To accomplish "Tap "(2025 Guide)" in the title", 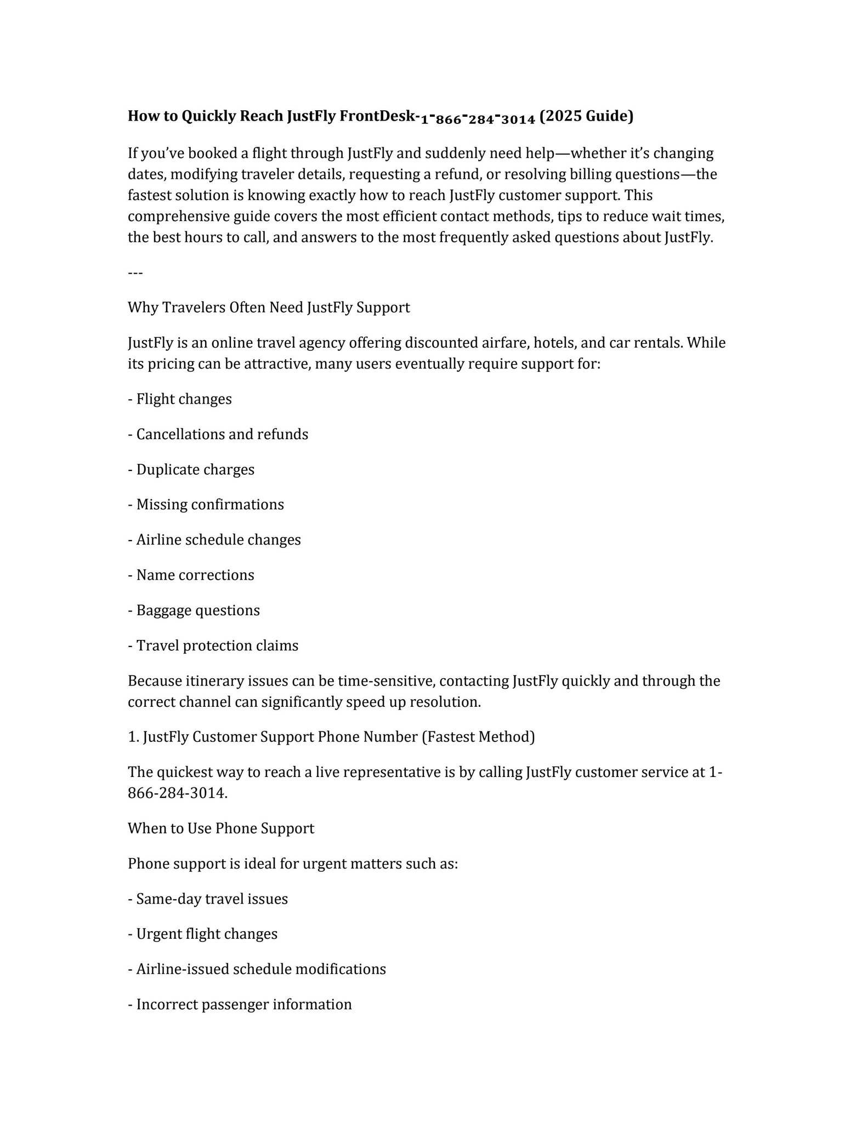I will click(586, 116).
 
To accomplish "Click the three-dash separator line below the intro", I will click(135, 273).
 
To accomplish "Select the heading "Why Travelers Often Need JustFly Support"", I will click(269, 308).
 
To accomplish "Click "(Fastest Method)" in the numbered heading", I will click(478, 737).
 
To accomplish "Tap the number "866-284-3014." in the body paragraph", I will click(178, 793).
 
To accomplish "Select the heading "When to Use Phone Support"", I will click(221, 829).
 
